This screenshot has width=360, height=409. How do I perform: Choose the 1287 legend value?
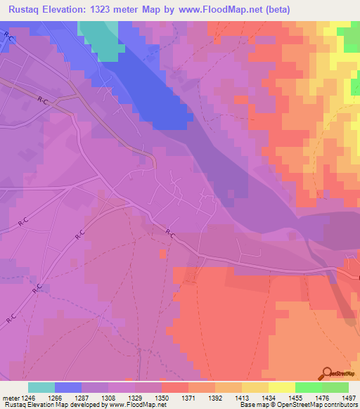[x=95, y=397]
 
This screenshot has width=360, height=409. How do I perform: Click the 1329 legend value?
[x=148, y=397]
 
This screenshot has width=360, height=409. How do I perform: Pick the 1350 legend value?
[x=175, y=397]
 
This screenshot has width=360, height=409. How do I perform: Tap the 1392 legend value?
[x=229, y=397]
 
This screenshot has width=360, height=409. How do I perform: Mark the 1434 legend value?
[x=282, y=397]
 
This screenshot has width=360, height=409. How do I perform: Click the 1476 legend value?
[x=335, y=397]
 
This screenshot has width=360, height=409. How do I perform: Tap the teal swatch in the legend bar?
[x=41, y=387]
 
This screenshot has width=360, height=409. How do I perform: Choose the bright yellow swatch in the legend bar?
[x=281, y=387]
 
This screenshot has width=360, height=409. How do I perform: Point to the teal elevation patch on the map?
[x=101, y=37]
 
